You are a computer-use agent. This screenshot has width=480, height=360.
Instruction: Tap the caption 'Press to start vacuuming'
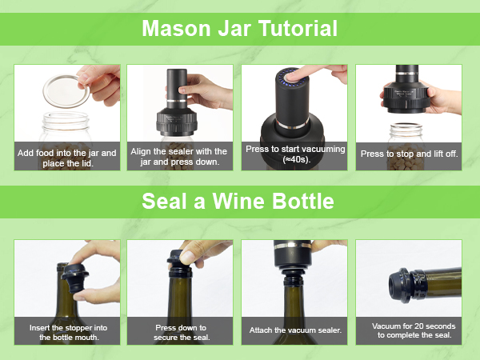[x=294, y=149]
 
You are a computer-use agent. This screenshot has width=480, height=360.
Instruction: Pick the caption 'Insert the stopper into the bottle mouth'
[x=67, y=332]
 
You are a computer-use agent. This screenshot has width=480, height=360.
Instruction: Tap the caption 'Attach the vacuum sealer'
[x=294, y=330]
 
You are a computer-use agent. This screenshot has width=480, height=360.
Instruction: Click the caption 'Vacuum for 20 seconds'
[x=409, y=326]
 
